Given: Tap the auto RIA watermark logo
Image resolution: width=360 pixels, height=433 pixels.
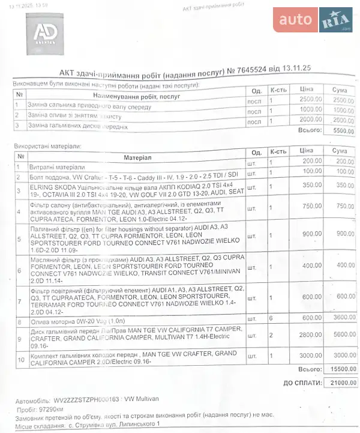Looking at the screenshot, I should [x=313, y=20].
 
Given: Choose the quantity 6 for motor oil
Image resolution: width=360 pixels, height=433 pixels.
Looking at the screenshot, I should [x=271, y=318].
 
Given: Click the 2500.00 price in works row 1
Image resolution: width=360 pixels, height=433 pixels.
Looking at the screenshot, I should [x=308, y=100].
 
